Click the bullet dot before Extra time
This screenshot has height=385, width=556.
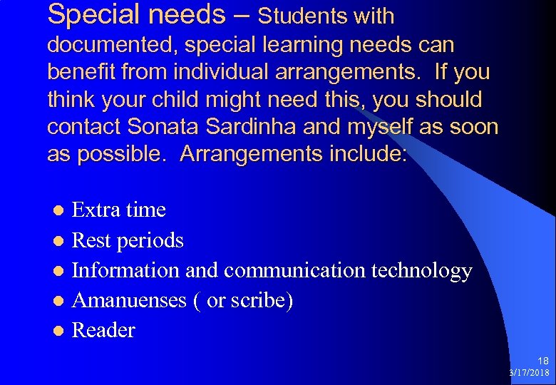(x=61, y=210)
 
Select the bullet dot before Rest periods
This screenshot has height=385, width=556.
(x=61, y=241)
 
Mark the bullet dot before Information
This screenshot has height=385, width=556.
(x=61, y=271)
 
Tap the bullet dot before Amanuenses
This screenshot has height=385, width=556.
(x=61, y=301)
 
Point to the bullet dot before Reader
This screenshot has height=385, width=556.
(x=61, y=331)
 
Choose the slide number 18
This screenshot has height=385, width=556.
(x=544, y=361)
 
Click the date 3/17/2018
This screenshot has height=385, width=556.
(x=530, y=373)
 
